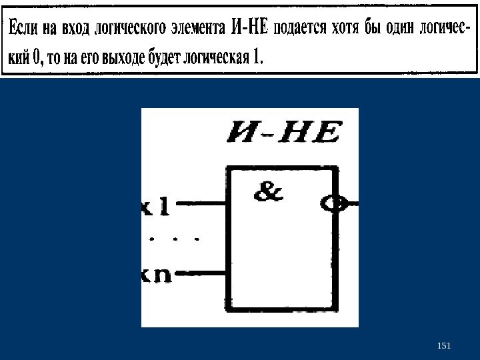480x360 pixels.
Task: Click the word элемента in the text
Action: [196, 29]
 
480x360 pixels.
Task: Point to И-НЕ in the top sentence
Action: [249, 29]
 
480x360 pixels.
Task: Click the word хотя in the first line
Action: [347, 29]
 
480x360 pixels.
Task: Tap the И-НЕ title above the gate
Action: [283, 132]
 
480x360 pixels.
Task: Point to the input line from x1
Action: [200, 202]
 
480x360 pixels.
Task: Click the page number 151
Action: [443, 345]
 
